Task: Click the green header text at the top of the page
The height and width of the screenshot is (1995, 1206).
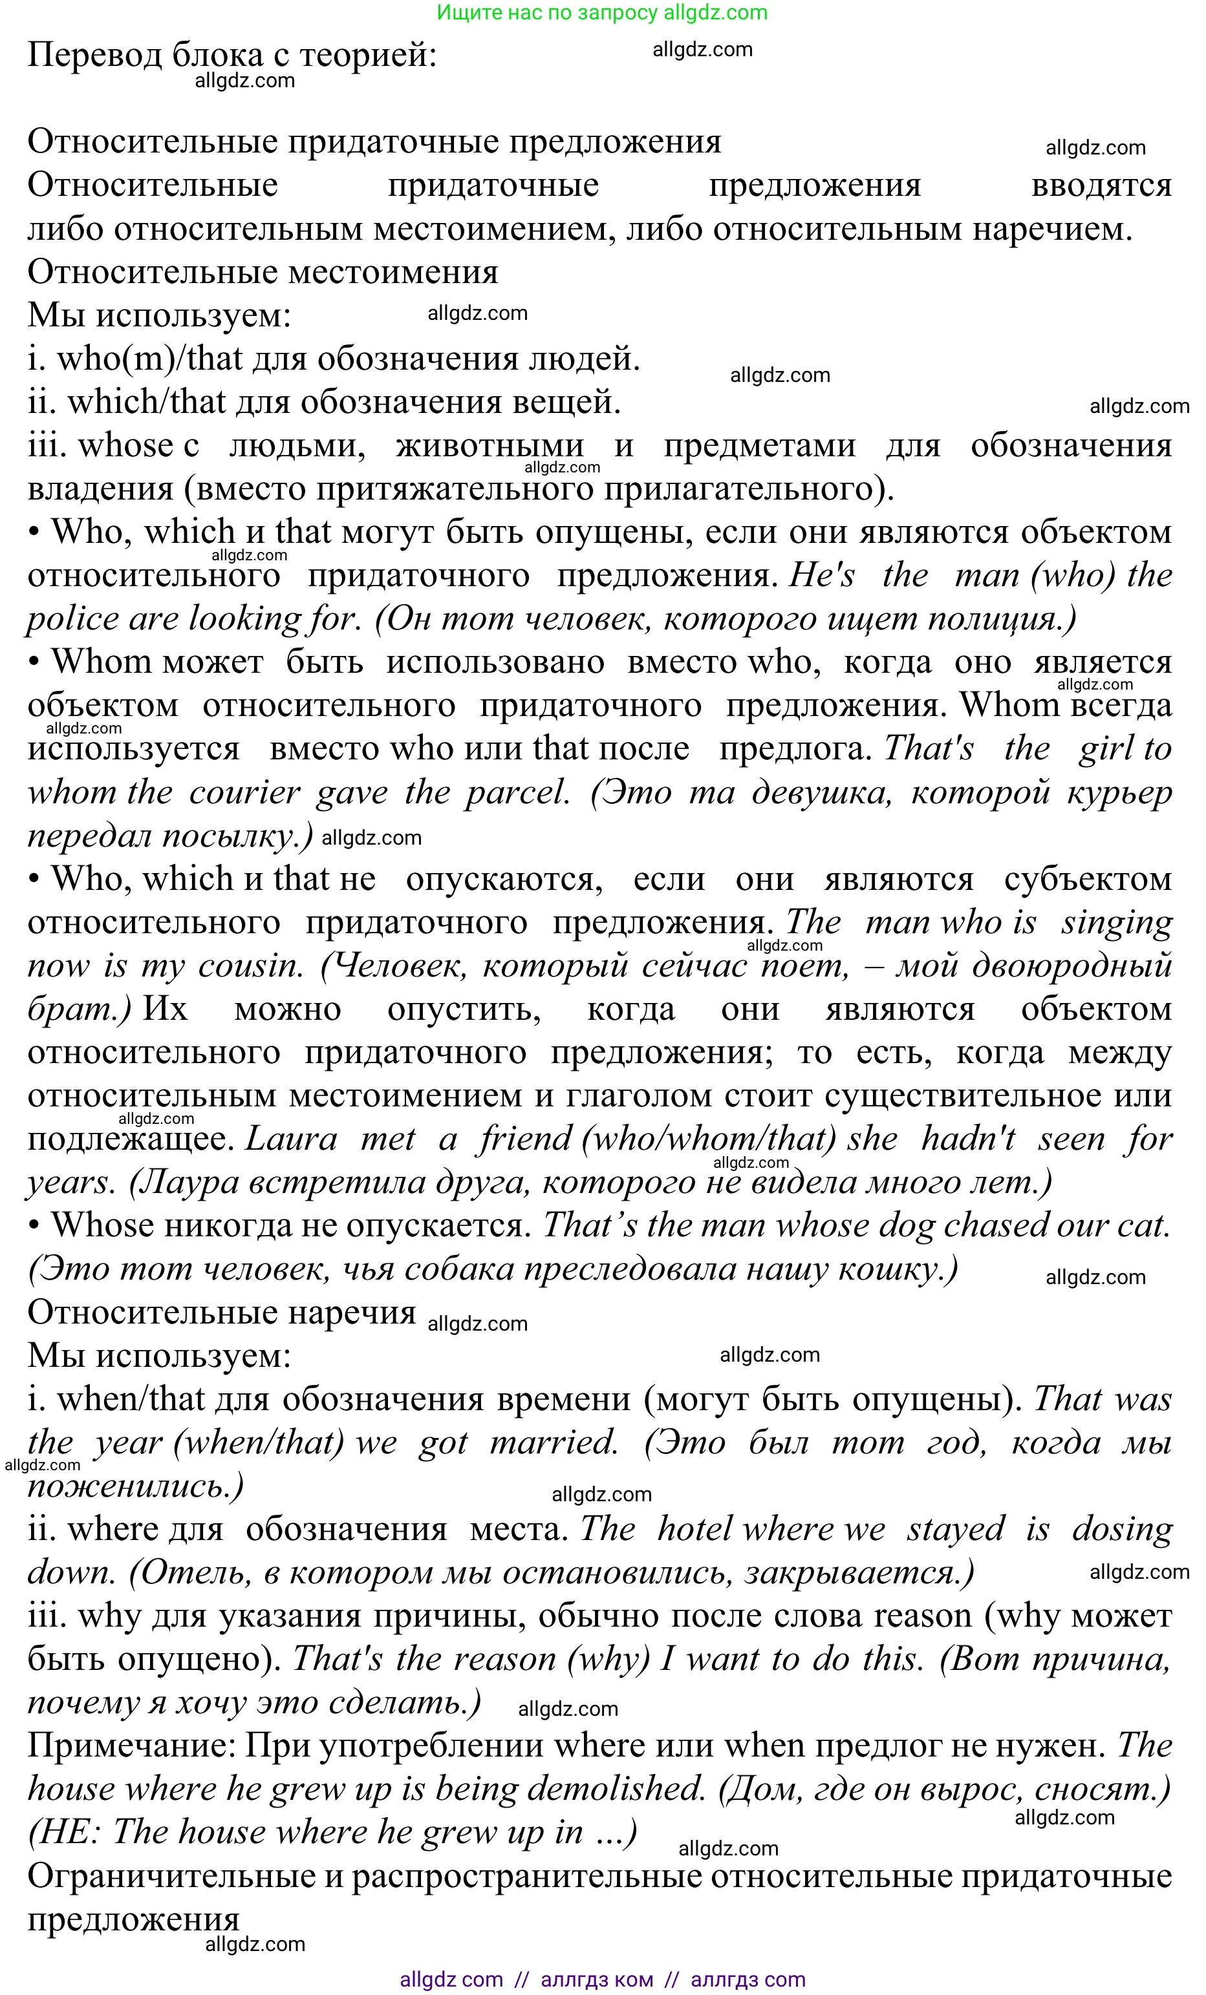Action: tap(602, 13)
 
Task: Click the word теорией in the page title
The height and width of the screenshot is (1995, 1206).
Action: tap(369, 55)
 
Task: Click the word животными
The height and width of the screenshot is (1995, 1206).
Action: tap(490, 445)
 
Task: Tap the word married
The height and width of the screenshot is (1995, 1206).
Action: tap(555, 1443)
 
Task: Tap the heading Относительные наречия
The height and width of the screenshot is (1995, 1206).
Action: tap(221, 1313)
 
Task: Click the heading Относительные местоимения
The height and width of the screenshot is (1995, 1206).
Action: tap(263, 272)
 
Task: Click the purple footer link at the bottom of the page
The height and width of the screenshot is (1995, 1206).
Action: tap(602, 1979)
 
